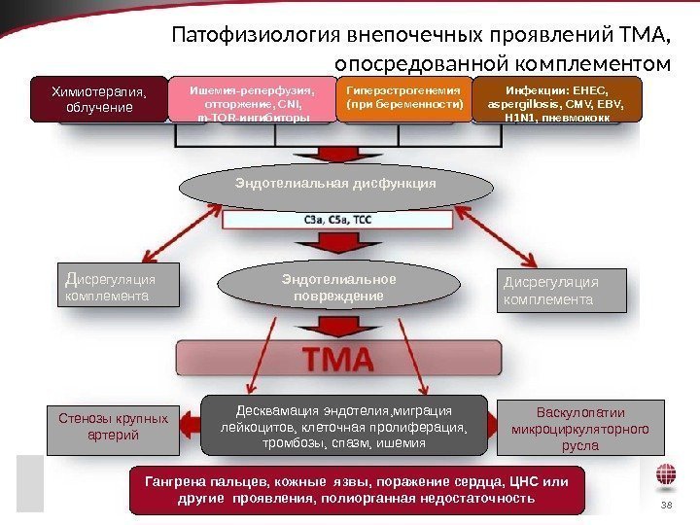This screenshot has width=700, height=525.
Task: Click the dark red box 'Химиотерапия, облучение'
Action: [98, 99]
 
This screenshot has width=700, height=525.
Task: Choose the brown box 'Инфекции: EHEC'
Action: [558, 100]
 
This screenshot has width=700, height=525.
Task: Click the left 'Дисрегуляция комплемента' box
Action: [118, 284]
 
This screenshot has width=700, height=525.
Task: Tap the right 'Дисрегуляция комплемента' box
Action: [562, 290]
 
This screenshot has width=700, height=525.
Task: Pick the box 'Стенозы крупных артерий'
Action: [114, 428]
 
